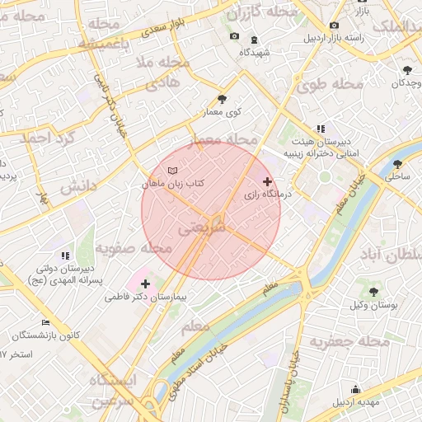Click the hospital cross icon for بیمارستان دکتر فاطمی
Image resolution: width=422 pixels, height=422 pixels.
[x=146, y=284]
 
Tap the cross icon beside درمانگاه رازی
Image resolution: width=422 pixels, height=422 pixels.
[x=266, y=181]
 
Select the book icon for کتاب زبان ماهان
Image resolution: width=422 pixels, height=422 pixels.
[x=171, y=170]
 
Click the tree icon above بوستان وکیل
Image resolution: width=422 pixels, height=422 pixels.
[x=373, y=292]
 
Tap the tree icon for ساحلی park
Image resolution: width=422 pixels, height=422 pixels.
[x=398, y=164]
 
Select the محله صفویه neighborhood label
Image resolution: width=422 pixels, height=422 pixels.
[x=134, y=247]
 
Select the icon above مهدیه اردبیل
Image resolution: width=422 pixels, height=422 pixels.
[x=356, y=390]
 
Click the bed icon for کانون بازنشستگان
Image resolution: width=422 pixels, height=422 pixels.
[x=45, y=322]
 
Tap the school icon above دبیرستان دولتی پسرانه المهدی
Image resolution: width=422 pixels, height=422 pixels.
[x=66, y=256]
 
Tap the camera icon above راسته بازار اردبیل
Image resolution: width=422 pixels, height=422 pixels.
[x=333, y=25]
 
